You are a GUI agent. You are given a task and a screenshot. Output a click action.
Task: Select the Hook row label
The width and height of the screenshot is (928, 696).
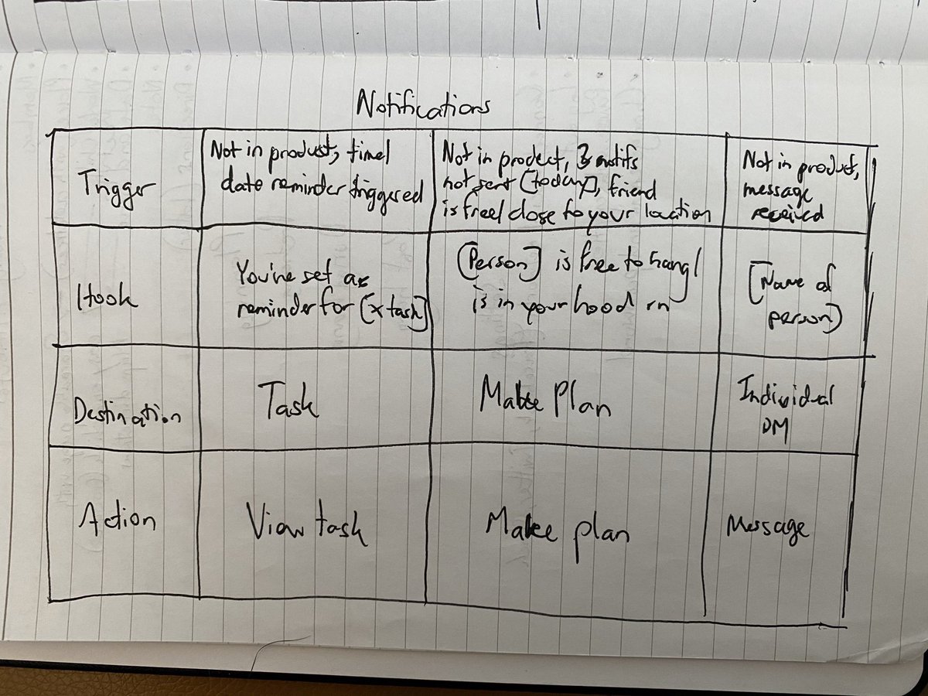(107, 298)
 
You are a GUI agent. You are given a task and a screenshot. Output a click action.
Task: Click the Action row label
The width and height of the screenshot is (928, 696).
(117, 520)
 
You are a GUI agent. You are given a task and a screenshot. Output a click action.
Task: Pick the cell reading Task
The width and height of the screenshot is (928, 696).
(288, 401)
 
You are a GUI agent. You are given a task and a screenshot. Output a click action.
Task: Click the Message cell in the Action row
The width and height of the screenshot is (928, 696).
(767, 530)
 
